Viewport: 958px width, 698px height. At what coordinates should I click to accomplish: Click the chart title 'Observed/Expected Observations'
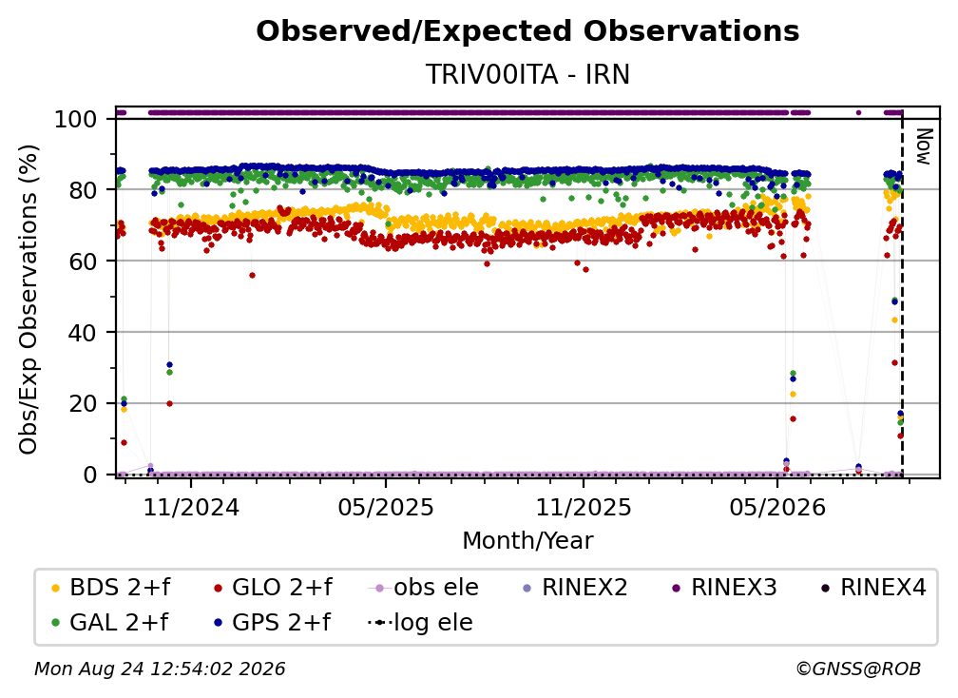pos(527,31)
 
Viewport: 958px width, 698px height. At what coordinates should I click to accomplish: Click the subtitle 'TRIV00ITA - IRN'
pos(527,74)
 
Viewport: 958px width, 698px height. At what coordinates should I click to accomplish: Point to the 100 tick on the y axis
pos(76,119)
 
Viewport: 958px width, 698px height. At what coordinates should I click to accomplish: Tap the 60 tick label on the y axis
pos(83,262)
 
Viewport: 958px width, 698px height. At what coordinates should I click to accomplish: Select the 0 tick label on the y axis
pos(90,475)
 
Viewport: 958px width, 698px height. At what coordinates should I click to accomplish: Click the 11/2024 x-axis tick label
pos(191,507)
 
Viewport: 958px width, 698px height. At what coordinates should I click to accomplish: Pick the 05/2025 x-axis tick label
pos(386,507)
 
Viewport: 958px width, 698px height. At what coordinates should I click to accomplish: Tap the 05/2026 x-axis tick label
pos(777,507)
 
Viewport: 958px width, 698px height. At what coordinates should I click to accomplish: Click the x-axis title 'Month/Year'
pos(527,541)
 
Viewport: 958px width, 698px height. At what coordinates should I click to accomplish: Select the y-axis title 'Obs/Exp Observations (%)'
pos(29,300)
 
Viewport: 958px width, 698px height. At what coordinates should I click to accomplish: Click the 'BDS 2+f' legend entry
pos(110,588)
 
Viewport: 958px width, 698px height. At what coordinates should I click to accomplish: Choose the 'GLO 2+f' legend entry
pos(273,588)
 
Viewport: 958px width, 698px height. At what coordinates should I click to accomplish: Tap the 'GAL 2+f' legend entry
pos(109,623)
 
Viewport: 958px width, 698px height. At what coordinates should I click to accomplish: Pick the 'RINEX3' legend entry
pos(724,588)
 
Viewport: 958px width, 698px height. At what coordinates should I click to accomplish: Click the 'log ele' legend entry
pos(420,623)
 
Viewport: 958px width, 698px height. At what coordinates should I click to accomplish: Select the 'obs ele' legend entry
pos(423,588)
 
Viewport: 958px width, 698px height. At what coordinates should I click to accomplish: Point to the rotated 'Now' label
pos(924,146)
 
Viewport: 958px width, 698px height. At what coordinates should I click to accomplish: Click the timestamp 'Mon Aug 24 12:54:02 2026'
pos(160,669)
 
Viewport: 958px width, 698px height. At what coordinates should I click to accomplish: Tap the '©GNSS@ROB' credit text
pos(858,669)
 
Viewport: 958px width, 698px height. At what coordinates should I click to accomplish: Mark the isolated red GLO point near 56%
pos(252,275)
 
